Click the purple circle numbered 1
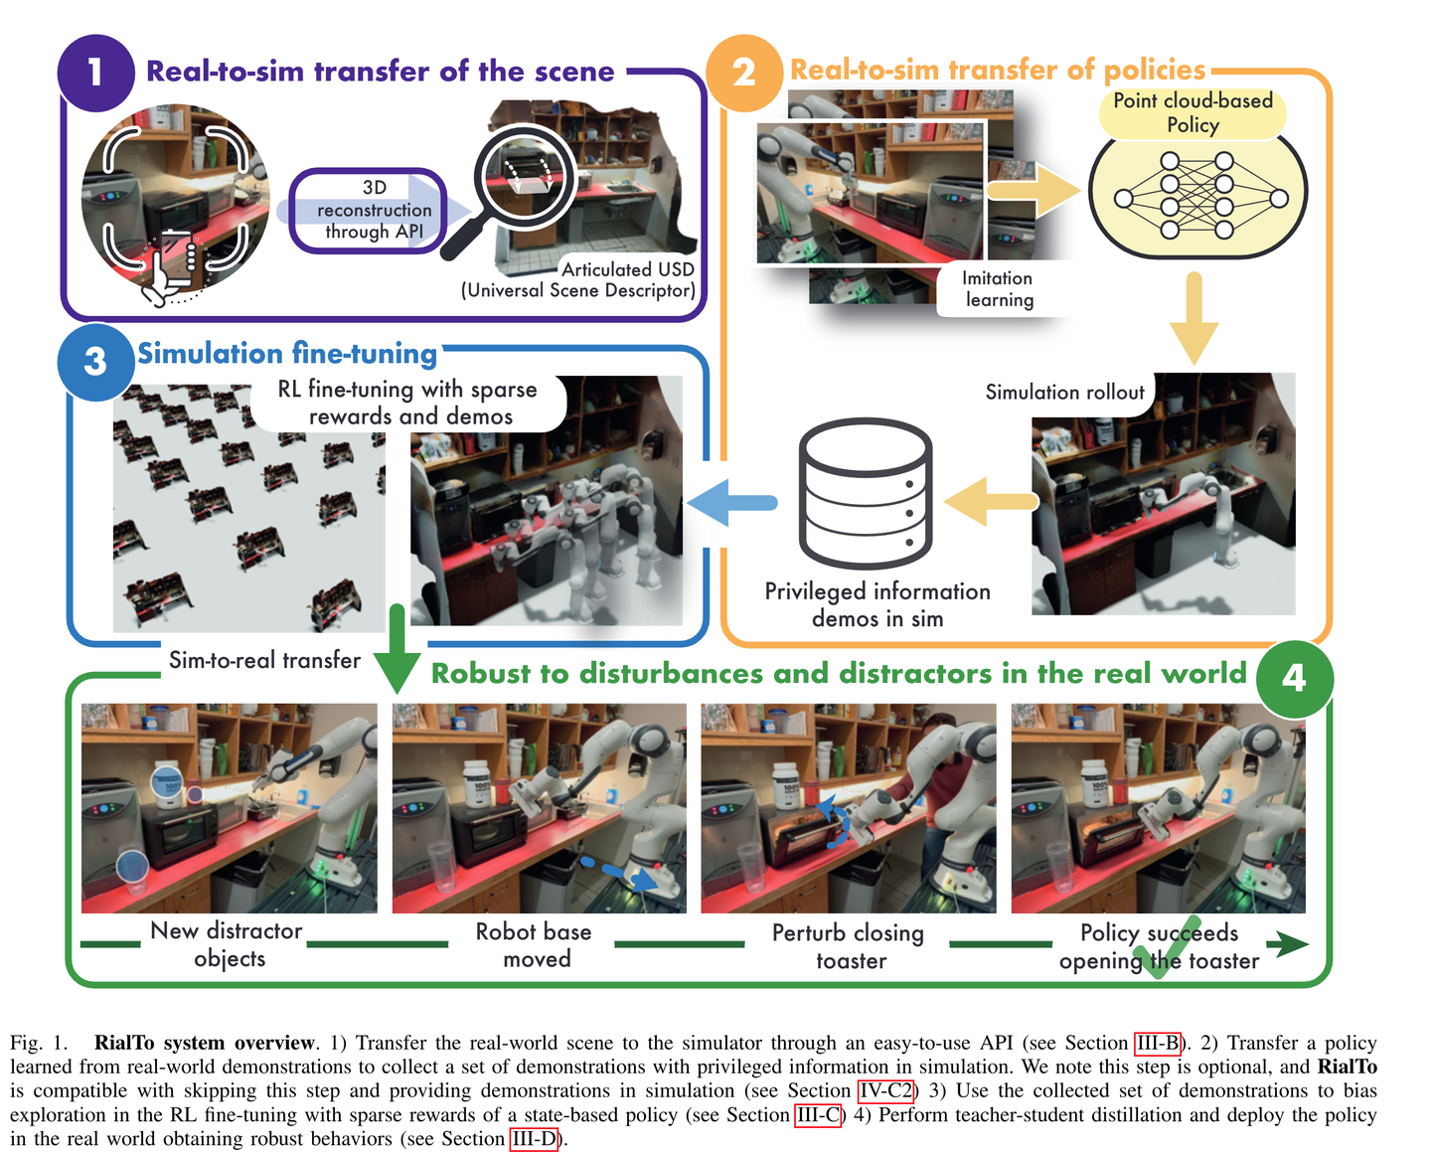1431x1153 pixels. pyautogui.click(x=95, y=73)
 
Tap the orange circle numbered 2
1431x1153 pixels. pyautogui.click(x=743, y=73)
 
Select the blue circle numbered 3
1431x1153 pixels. pyautogui.click(x=95, y=361)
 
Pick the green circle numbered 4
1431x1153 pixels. pyautogui.click(x=1294, y=679)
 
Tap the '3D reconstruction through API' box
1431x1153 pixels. pyautogui.click(x=368, y=210)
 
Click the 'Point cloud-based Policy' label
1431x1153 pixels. pyautogui.click(x=1192, y=113)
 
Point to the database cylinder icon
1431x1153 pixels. pyautogui.click(x=866, y=494)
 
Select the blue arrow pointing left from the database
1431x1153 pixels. pyautogui.click(x=731, y=503)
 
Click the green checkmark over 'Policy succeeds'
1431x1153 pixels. pyautogui.click(x=1169, y=948)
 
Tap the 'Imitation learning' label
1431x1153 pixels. pyautogui.click(x=998, y=289)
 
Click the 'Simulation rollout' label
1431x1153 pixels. pyautogui.click(x=1064, y=392)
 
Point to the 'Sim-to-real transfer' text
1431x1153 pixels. pyautogui.click(x=264, y=660)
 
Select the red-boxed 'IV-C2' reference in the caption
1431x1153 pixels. pyautogui.click(x=885, y=1091)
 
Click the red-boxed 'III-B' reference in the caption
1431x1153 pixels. pyautogui.click(x=1158, y=1043)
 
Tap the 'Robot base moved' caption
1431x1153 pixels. pyautogui.click(x=534, y=944)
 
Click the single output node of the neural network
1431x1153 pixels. pyautogui.click(x=1279, y=198)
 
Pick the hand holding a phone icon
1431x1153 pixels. pyautogui.click(x=170, y=267)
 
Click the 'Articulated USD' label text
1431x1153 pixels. pyautogui.click(x=628, y=268)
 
